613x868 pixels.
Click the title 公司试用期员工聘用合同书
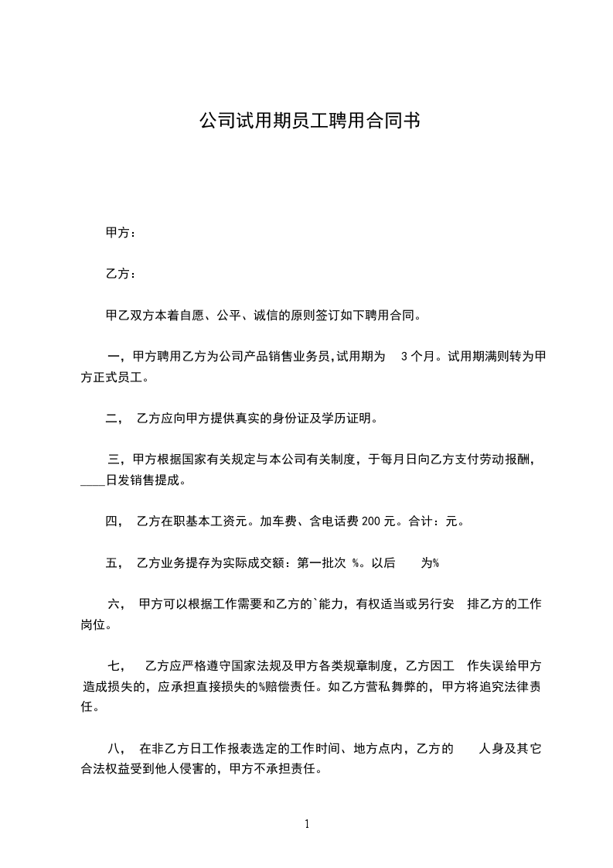[x=309, y=121]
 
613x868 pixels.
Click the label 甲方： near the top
[x=120, y=232]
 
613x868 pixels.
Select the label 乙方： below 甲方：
[x=120, y=274]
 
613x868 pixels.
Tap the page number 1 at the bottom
[x=307, y=824]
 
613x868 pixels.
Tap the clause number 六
[x=114, y=603]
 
